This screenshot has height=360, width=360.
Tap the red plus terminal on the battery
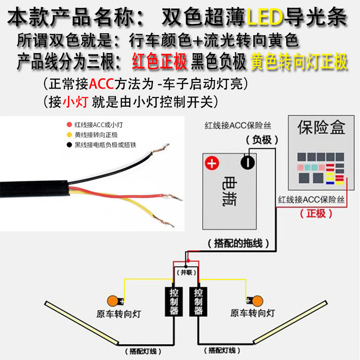click(x=211, y=162)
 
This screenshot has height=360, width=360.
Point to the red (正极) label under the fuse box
click(x=316, y=213)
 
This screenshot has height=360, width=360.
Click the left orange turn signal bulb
click(x=112, y=300)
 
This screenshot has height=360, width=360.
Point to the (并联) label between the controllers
click(x=186, y=273)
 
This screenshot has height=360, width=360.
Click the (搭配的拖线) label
click(x=238, y=243)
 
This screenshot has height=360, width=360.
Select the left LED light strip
click(x=81, y=320)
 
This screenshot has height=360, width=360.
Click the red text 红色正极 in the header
click(x=159, y=62)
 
